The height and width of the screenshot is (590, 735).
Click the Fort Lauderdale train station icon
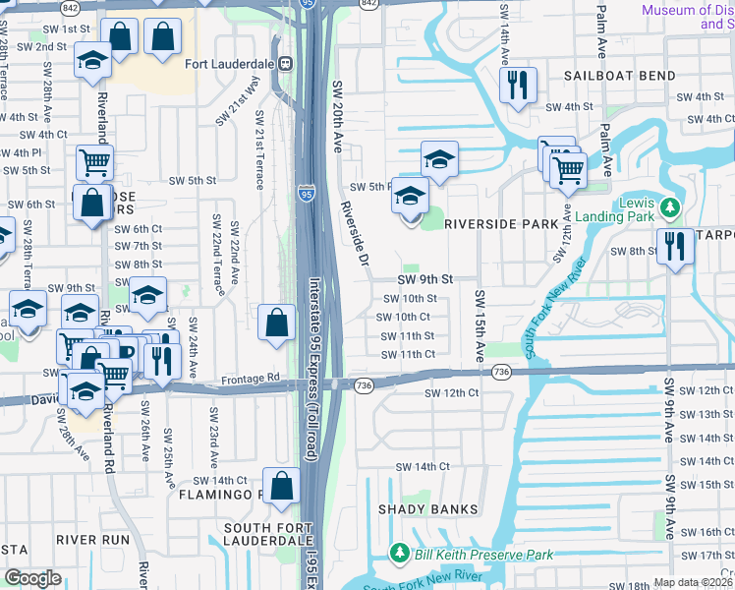pos(286,64)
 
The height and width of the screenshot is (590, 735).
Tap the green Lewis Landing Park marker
pos(670,207)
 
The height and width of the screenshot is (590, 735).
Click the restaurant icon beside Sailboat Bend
pos(516,85)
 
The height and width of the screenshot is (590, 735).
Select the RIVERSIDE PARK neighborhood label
pos(501,224)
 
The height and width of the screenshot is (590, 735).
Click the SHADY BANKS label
pos(428,509)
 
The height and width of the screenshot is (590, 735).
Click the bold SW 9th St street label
pos(425,279)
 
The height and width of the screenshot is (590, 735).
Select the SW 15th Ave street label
pos(481,325)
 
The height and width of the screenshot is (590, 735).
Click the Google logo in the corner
pos(32,577)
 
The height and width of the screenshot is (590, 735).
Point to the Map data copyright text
pos(693,582)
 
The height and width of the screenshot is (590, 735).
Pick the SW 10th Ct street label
pos(405,317)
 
